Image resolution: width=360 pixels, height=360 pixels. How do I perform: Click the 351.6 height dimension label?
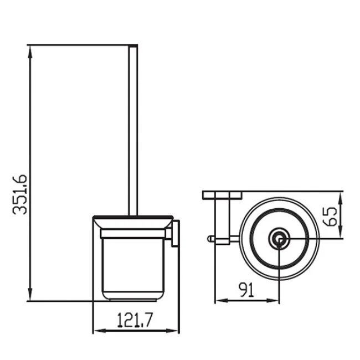[20, 194]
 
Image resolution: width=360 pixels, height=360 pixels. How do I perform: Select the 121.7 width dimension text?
[135, 320]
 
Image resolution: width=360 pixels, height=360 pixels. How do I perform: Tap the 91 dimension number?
[246, 290]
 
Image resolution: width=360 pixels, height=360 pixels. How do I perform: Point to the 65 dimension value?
[330, 217]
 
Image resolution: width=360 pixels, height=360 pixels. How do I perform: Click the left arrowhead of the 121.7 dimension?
[100, 331]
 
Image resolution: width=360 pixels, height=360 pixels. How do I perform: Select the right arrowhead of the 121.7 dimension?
[172, 331]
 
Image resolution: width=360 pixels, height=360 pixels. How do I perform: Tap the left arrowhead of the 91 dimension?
[222, 300]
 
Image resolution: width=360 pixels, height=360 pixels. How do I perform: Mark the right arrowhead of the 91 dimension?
[272, 300]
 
